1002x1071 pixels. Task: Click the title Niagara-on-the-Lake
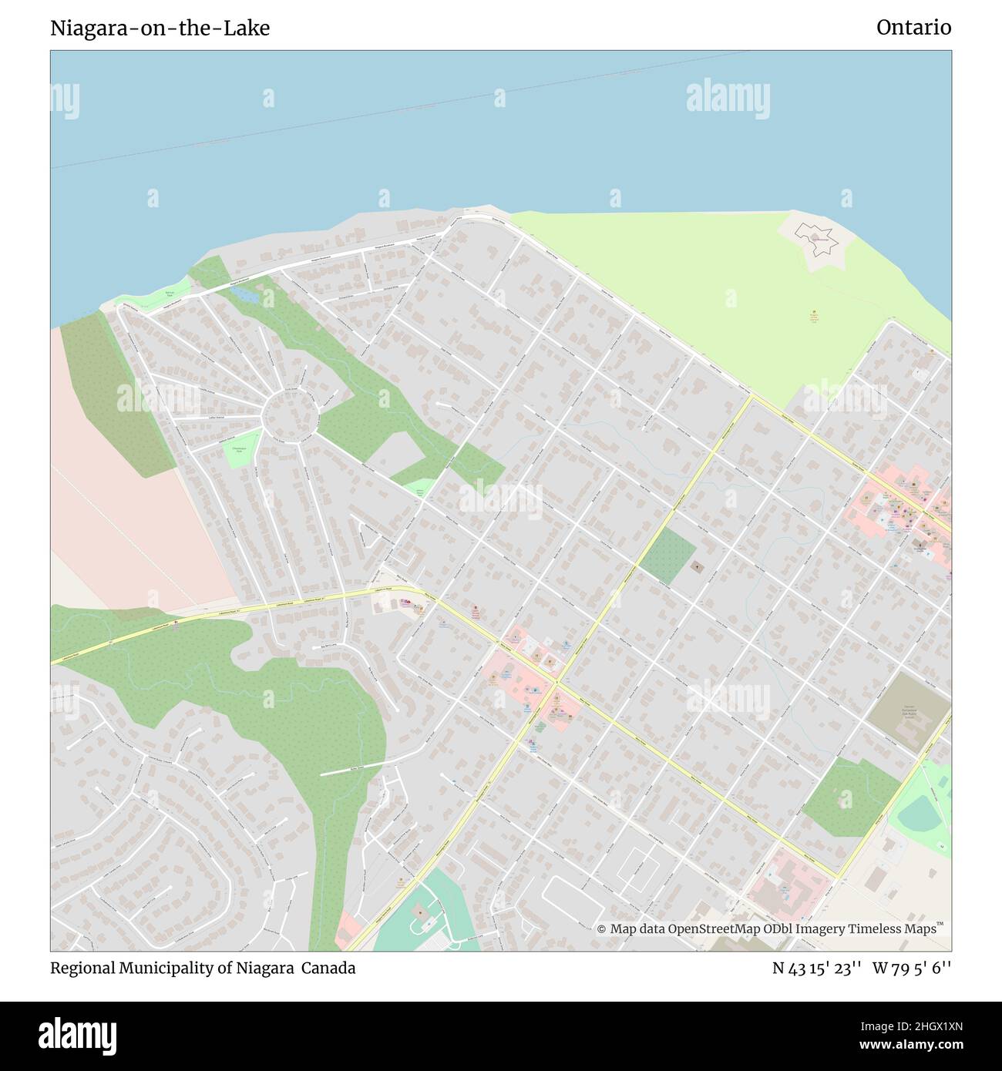point(160,29)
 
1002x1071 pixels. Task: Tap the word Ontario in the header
point(913,29)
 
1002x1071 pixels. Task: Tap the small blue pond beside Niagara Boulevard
point(245,294)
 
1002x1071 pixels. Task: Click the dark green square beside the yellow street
point(667,556)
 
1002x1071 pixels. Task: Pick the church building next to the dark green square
point(698,568)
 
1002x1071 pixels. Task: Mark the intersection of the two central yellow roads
point(556,682)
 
